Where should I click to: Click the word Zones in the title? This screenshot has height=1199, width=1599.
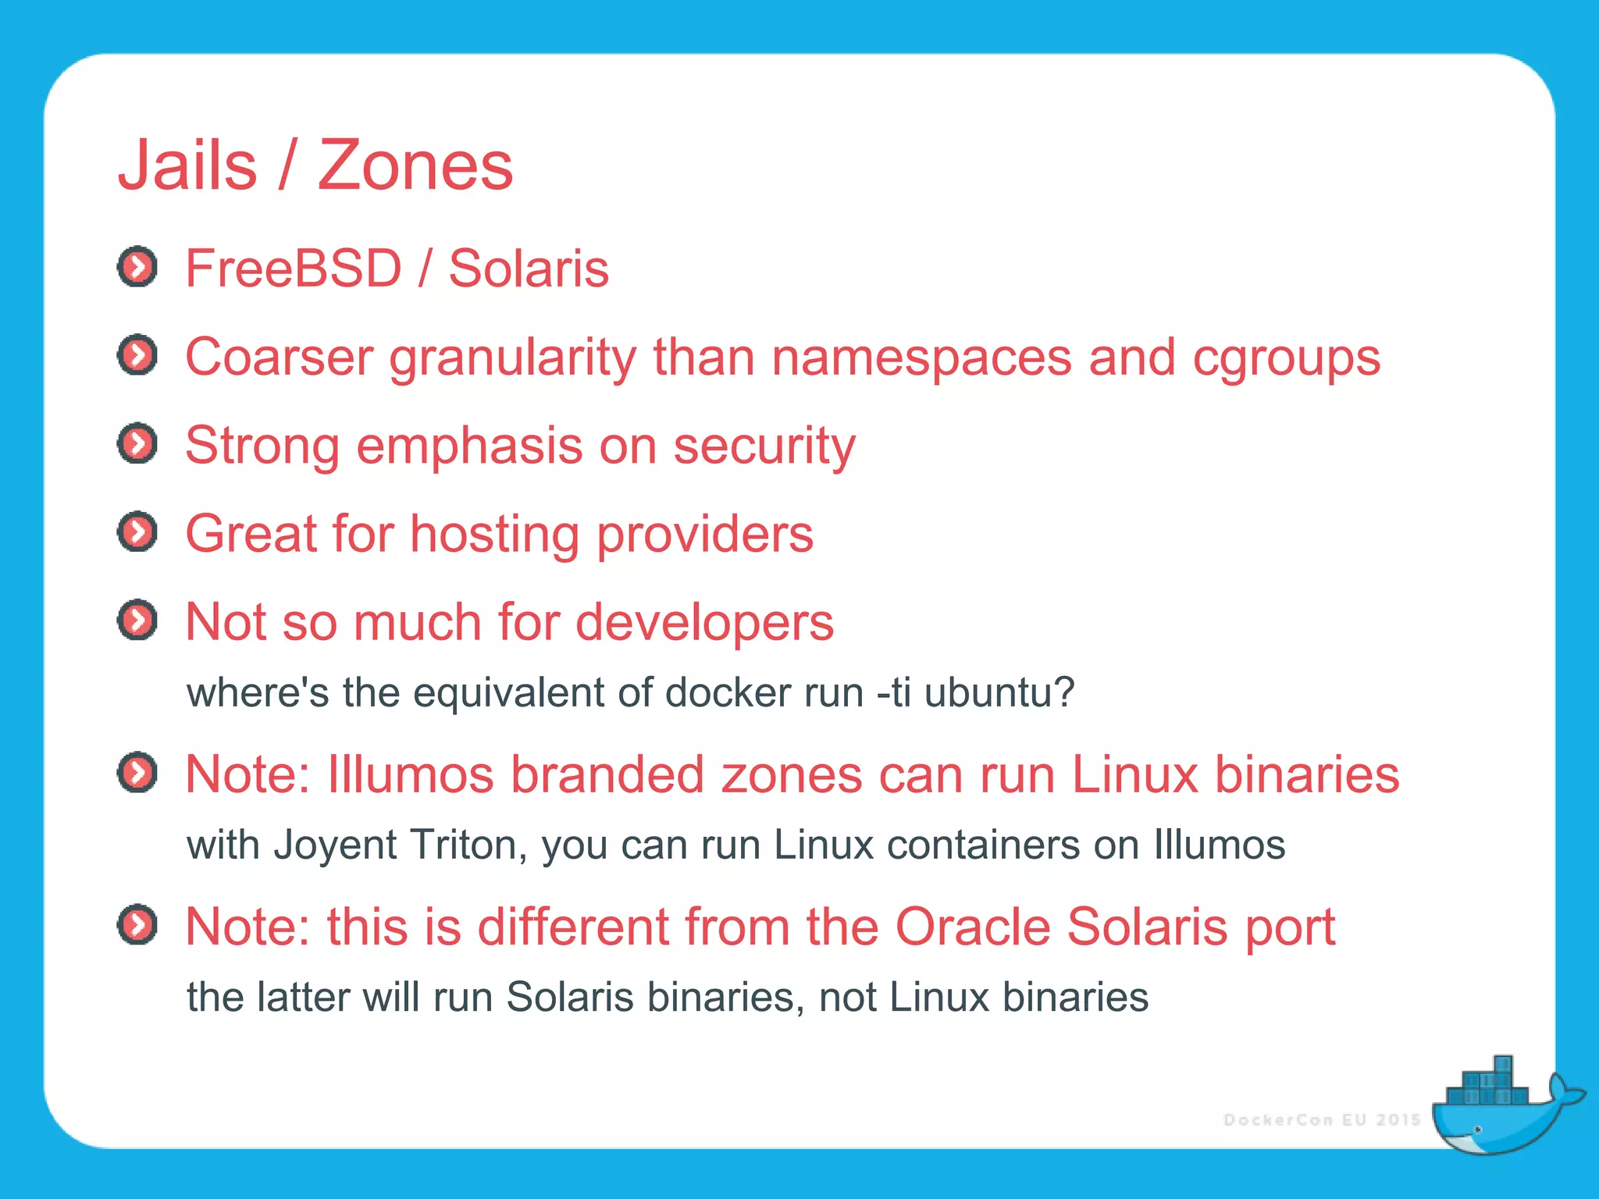(415, 165)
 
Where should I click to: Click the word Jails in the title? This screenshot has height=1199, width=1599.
(187, 165)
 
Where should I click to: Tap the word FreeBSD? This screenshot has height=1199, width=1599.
(293, 269)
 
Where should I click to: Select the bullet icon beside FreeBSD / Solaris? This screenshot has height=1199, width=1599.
(137, 268)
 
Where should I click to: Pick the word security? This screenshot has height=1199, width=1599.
(764, 447)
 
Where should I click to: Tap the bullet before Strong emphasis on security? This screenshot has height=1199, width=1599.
(137, 444)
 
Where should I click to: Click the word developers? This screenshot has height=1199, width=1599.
(705, 622)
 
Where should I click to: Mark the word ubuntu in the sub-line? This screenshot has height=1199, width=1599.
(999, 693)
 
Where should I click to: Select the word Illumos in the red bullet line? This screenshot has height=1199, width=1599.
(411, 774)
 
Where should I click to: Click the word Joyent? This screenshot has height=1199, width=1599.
(335, 845)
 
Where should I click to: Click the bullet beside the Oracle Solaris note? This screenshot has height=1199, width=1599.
(137, 926)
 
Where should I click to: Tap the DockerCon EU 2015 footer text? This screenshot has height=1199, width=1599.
(1321, 1120)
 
